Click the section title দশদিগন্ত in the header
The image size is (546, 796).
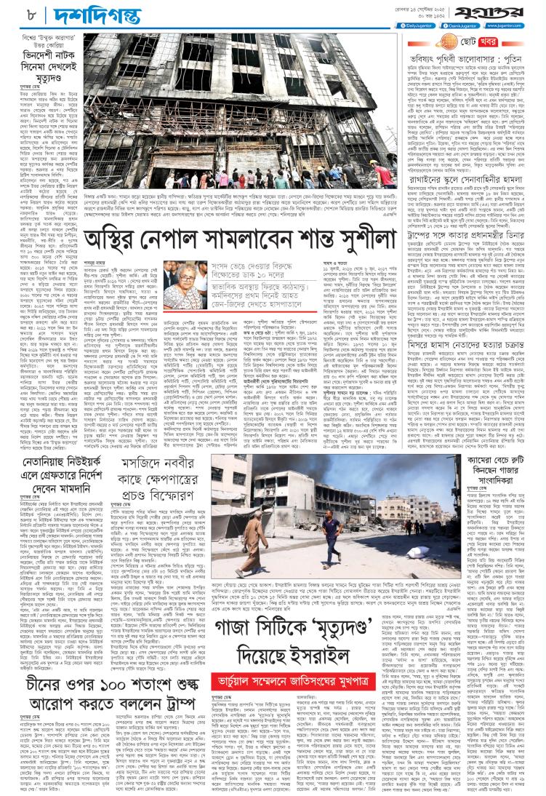61,13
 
